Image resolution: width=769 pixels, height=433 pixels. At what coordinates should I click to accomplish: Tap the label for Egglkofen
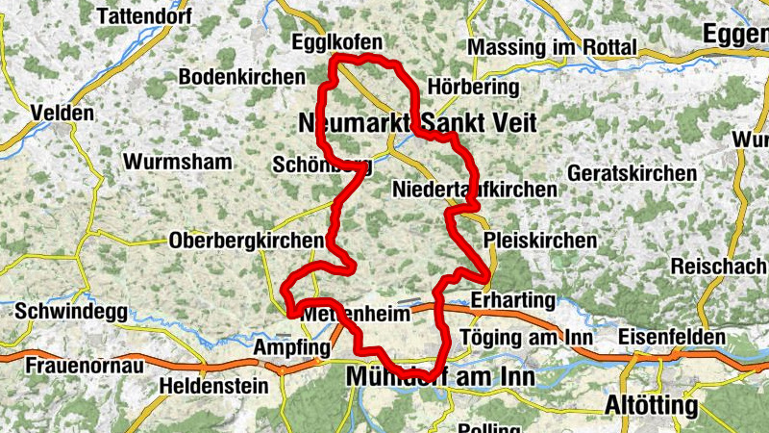point(336,42)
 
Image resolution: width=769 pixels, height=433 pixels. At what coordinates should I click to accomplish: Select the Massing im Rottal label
point(552,47)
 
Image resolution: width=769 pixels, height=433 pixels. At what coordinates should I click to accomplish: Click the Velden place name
point(62,113)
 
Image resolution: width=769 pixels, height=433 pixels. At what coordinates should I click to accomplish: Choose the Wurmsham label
point(178,161)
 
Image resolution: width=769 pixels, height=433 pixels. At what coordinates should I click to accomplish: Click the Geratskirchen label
point(633,173)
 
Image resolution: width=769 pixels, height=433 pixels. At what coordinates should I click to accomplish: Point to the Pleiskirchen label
point(540,240)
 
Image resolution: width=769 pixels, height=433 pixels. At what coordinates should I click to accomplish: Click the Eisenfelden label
point(672,338)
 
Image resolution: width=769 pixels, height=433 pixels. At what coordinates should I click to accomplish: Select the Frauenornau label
point(85,367)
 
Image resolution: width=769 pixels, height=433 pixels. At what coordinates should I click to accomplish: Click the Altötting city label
point(651,406)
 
